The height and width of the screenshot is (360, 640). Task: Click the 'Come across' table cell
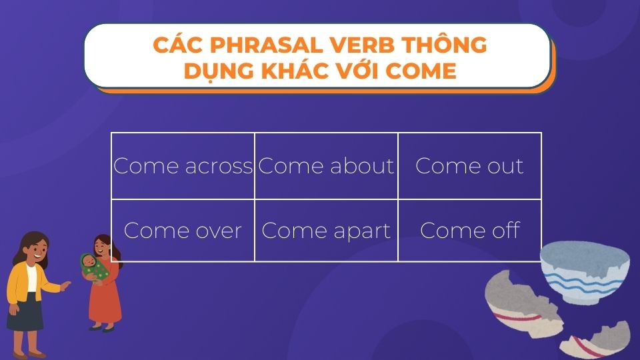(183, 165)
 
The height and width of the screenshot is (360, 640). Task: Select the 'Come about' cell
(326, 165)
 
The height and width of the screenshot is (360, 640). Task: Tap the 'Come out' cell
(469, 165)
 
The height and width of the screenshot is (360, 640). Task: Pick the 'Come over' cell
(183, 230)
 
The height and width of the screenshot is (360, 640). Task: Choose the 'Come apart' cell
(326, 230)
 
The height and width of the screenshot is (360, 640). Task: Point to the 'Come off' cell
(469, 230)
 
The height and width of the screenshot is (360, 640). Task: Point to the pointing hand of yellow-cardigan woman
(65, 286)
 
